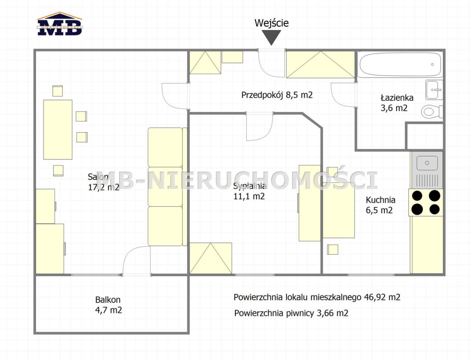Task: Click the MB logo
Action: click(60, 24)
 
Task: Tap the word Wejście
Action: click(271, 23)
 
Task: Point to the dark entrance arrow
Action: click(271, 37)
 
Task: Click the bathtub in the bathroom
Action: click(400, 64)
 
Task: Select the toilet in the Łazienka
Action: click(432, 111)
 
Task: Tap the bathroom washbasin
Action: click(434, 90)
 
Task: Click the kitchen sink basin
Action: click(427, 163)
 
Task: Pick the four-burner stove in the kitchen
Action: click(426, 202)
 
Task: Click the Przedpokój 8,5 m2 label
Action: click(277, 95)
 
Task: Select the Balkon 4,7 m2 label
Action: click(108, 305)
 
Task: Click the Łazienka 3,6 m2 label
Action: click(397, 103)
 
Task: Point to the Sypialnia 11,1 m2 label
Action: click(250, 191)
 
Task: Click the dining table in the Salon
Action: click(58, 130)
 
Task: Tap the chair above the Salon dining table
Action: click(57, 91)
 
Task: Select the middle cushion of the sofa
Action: click(165, 187)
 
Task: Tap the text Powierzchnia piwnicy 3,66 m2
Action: click(291, 313)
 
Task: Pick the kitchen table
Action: click(339, 210)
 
